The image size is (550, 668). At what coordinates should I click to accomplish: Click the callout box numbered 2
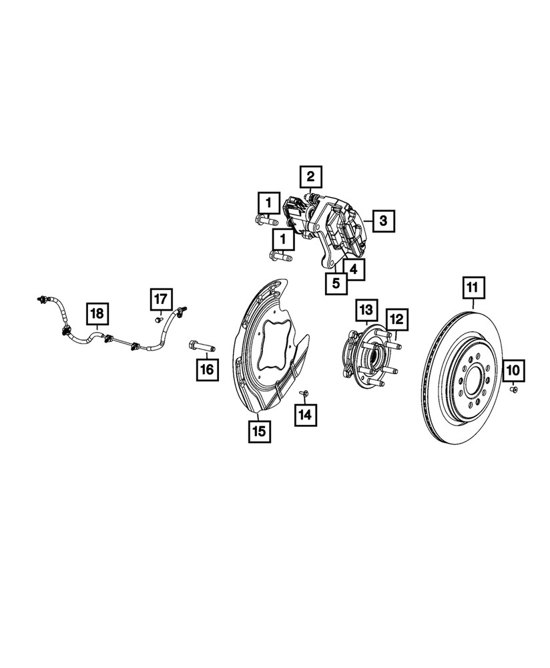[x=310, y=178]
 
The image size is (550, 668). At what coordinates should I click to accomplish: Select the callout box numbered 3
[x=382, y=220]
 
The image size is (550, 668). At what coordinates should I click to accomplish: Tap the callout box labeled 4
[x=354, y=271]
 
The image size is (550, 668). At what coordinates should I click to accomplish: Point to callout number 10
[x=515, y=369]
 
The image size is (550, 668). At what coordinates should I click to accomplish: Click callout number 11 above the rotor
[x=472, y=289]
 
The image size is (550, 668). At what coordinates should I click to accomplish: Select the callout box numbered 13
[x=366, y=310]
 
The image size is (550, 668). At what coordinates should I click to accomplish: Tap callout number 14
[x=305, y=415]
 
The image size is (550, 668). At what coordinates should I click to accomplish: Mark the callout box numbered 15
[x=259, y=431]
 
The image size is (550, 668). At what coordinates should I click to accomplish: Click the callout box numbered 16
[x=207, y=369]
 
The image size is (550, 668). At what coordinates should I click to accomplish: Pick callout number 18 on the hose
[x=97, y=313]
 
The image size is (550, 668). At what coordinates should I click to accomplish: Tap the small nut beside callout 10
[x=513, y=388]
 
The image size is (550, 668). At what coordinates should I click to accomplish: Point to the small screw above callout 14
[x=303, y=392]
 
